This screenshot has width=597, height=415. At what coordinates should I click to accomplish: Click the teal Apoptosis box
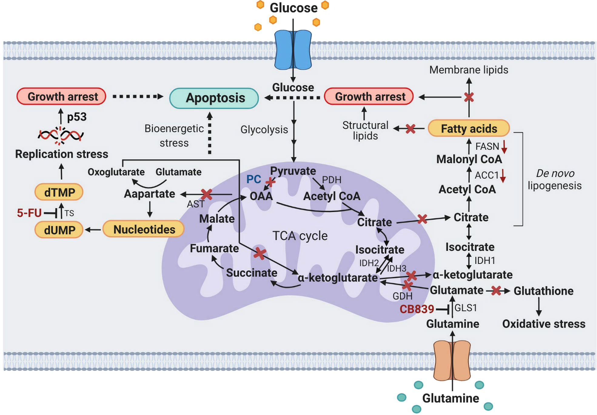[214, 98]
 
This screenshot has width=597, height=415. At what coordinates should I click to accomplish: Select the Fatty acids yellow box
[469, 129]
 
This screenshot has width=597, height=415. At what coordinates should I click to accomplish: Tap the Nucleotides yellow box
[144, 229]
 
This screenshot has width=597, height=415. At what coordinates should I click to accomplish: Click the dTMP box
[59, 192]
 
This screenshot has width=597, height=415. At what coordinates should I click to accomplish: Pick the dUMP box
[59, 230]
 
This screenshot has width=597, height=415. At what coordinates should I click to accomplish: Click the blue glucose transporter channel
[293, 50]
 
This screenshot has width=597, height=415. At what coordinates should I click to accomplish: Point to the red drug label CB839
[417, 309]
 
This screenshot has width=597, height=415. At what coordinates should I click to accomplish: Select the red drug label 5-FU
[29, 213]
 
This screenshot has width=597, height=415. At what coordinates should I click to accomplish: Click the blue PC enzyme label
[253, 179]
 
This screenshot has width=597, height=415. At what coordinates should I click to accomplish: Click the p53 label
[77, 117]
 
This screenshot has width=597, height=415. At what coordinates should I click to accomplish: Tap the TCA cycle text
[300, 236]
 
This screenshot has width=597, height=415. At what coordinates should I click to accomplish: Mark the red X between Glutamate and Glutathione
[496, 291]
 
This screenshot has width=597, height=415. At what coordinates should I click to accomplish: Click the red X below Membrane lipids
[469, 97]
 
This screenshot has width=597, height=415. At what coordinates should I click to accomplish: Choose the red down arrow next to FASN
[504, 146]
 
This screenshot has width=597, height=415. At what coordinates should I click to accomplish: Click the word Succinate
[252, 273]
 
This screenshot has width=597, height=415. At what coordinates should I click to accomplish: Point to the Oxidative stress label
[544, 324]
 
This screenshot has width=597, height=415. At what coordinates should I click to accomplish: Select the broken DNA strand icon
[61, 135]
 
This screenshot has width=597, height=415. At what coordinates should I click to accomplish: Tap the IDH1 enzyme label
[485, 260]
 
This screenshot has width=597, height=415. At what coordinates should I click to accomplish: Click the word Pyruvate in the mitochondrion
[293, 171]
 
